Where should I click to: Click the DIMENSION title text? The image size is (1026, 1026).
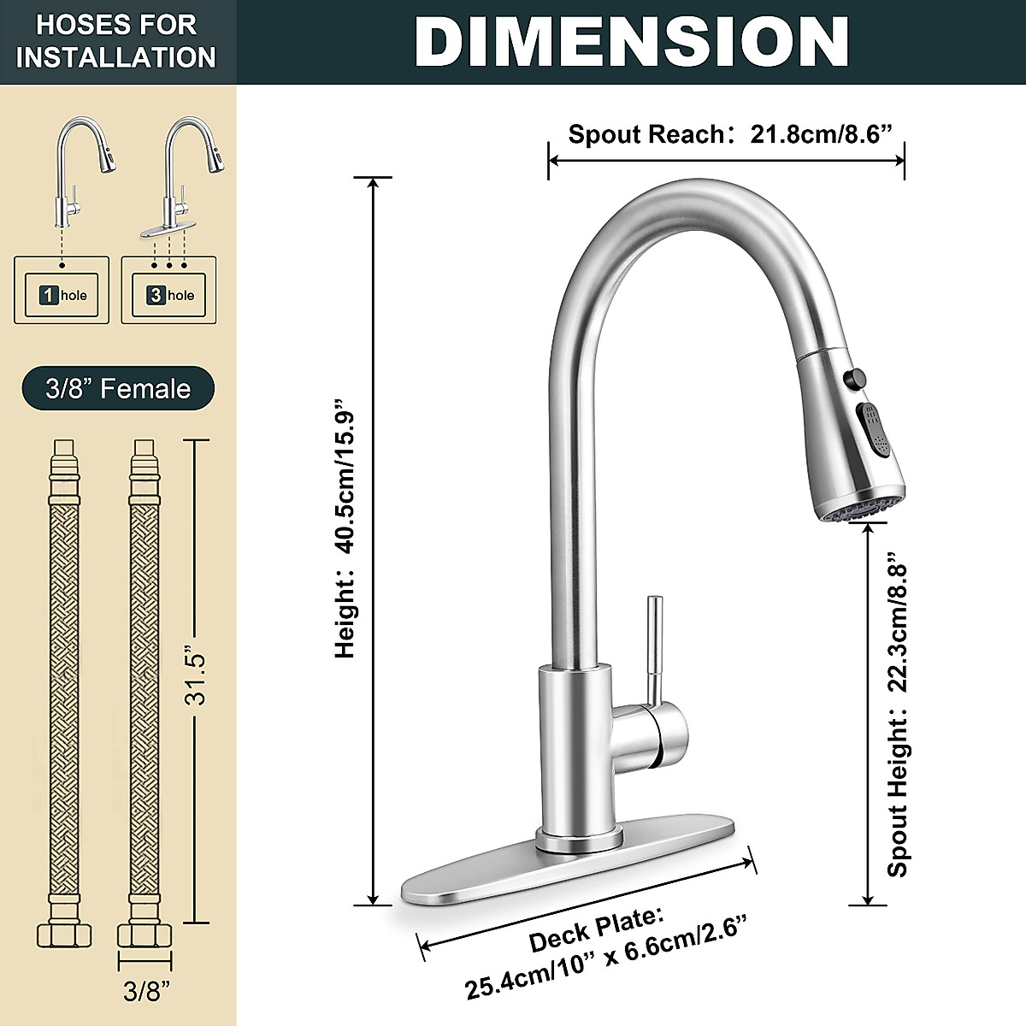pyautogui.click(x=631, y=41)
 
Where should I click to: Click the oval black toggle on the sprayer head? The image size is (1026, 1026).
pyautogui.click(x=873, y=427)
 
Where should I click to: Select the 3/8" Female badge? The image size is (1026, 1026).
pyautogui.click(x=118, y=389)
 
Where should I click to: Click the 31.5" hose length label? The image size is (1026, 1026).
pyautogui.click(x=197, y=680)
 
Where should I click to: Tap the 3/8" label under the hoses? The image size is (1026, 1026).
pyautogui.click(x=146, y=992)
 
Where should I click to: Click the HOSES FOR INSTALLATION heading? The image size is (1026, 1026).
pyautogui.click(x=116, y=41)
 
